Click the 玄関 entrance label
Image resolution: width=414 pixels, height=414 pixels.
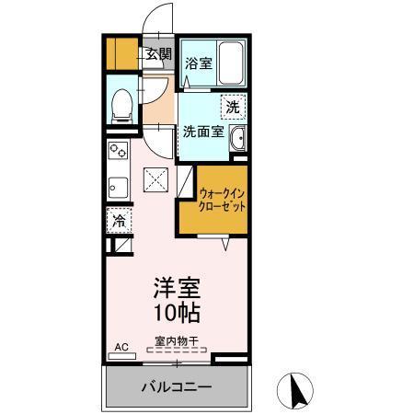point(158,54)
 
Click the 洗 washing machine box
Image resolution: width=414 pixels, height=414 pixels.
point(234,107)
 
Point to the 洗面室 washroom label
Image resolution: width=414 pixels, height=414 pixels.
point(202,131)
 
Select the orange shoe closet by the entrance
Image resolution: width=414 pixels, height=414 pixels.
point(121,54)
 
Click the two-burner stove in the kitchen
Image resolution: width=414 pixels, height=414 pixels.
point(119,150)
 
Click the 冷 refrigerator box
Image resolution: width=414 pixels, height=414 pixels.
point(119,220)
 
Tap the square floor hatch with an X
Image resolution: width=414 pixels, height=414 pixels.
point(155,180)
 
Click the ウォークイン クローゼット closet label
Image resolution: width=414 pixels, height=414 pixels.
point(223,201)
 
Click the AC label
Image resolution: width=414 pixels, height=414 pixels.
point(120,347)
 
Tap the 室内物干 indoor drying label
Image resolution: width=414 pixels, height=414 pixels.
point(176,342)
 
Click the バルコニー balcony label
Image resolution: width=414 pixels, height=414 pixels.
point(176,386)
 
